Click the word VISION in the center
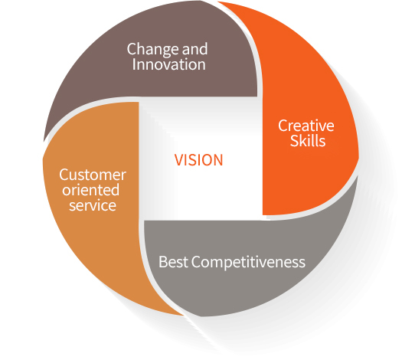(198, 160)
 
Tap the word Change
(153, 49)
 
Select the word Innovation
(168, 64)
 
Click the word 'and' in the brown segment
(194, 49)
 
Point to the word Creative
(306, 126)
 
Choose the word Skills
(308, 141)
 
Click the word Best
(173, 262)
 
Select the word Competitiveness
(248, 262)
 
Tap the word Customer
(93, 175)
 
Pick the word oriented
(91, 190)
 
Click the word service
(93, 205)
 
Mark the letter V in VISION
(178, 160)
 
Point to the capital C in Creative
(283, 126)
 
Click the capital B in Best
(163, 262)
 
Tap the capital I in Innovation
(133, 64)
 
